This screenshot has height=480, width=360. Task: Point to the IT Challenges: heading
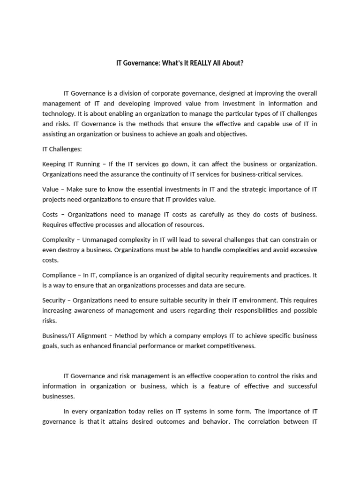click(x=62, y=149)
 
